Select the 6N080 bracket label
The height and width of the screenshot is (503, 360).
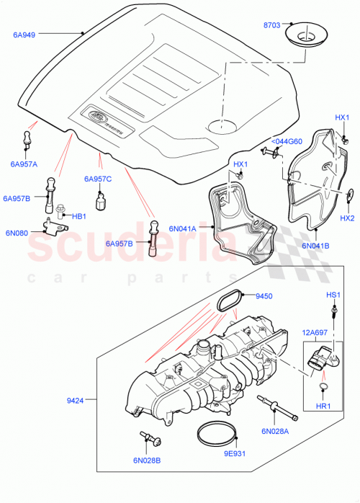tap(16, 233)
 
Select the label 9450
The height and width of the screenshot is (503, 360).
tap(266, 295)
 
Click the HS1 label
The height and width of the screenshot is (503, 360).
tap(333, 295)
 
